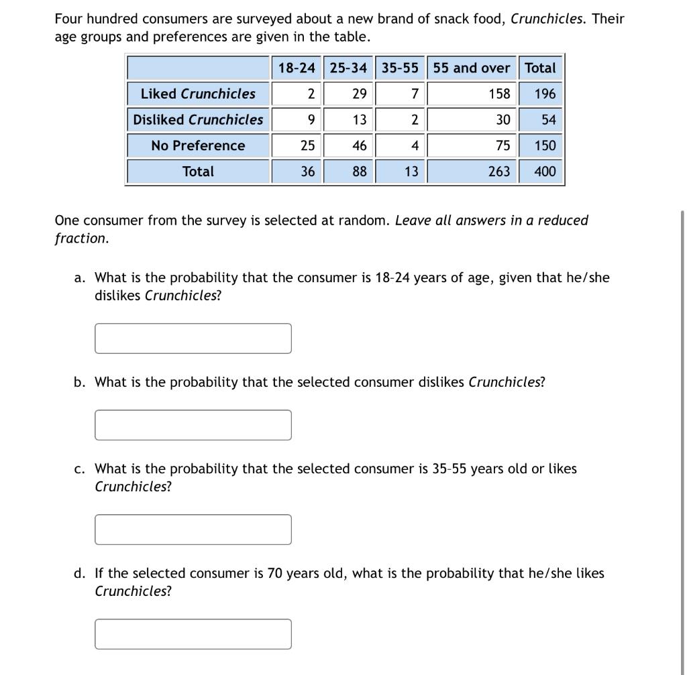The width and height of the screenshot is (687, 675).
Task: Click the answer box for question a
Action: pyautogui.click(x=193, y=339)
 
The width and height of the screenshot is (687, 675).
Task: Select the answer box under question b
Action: pyautogui.click(x=193, y=425)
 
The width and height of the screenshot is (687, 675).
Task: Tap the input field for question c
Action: pyautogui.click(x=193, y=530)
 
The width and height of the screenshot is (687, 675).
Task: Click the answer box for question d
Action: pyautogui.click(x=193, y=634)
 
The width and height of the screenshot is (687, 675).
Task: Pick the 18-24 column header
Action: pyautogui.click(x=297, y=68)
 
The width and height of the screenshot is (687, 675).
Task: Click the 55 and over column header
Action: pyautogui.click(x=472, y=68)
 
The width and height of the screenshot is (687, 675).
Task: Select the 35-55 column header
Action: pyautogui.click(x=400, y=68)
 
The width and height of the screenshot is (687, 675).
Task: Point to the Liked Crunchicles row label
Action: pyautogui.click(x=198, y=94)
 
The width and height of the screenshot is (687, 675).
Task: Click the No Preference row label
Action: pyautogui.click(x=198, y=145)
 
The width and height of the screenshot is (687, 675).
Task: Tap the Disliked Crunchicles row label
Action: pyautogui.click(x=198, y=119)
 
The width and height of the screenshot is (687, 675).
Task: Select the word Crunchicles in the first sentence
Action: pyautogui.click(x=547, y=19)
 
